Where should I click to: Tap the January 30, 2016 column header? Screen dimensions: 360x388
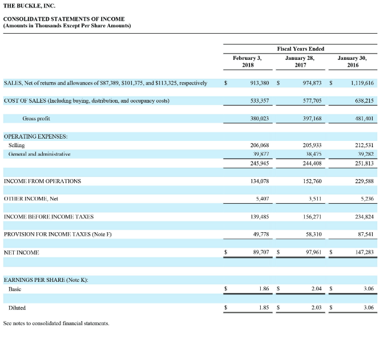353,61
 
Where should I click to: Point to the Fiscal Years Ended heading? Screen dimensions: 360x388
300,49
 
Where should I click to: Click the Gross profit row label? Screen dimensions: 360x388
36,119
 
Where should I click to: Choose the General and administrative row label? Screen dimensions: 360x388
39,154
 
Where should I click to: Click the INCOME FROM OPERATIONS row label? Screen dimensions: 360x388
42,181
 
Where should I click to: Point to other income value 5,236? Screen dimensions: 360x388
366,199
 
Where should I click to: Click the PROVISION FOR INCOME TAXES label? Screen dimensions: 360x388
53,234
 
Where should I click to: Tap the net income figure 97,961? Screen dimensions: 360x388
313,252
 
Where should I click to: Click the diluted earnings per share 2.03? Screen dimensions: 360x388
316,308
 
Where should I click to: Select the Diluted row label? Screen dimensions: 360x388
17,308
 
